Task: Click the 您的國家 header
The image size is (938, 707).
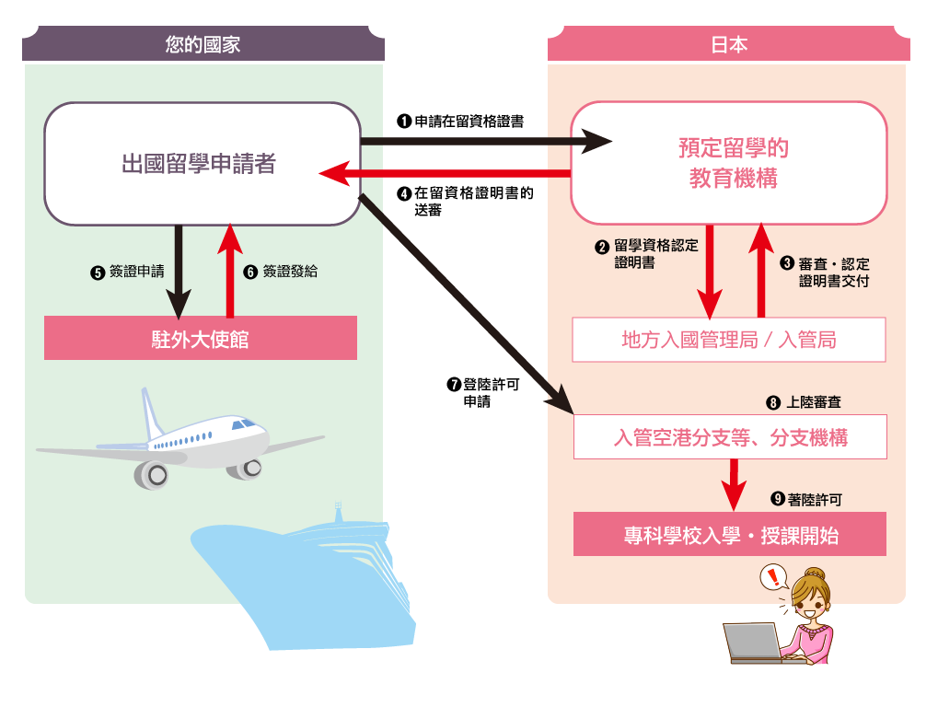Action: [203, 44]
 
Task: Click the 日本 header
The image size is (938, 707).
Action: [729, 44]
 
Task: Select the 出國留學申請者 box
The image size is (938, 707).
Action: [202, 164]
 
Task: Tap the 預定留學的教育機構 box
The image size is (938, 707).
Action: [729, 163]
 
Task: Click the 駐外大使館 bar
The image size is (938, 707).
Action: [201, 339]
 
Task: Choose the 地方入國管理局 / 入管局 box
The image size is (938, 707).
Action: [729, 340]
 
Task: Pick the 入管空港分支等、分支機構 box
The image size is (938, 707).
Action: [730, 437]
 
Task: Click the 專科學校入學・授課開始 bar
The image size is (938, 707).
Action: [730, 535]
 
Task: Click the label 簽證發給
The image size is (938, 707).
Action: [289, 272]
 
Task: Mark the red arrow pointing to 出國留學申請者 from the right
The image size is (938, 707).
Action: [442, 173]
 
